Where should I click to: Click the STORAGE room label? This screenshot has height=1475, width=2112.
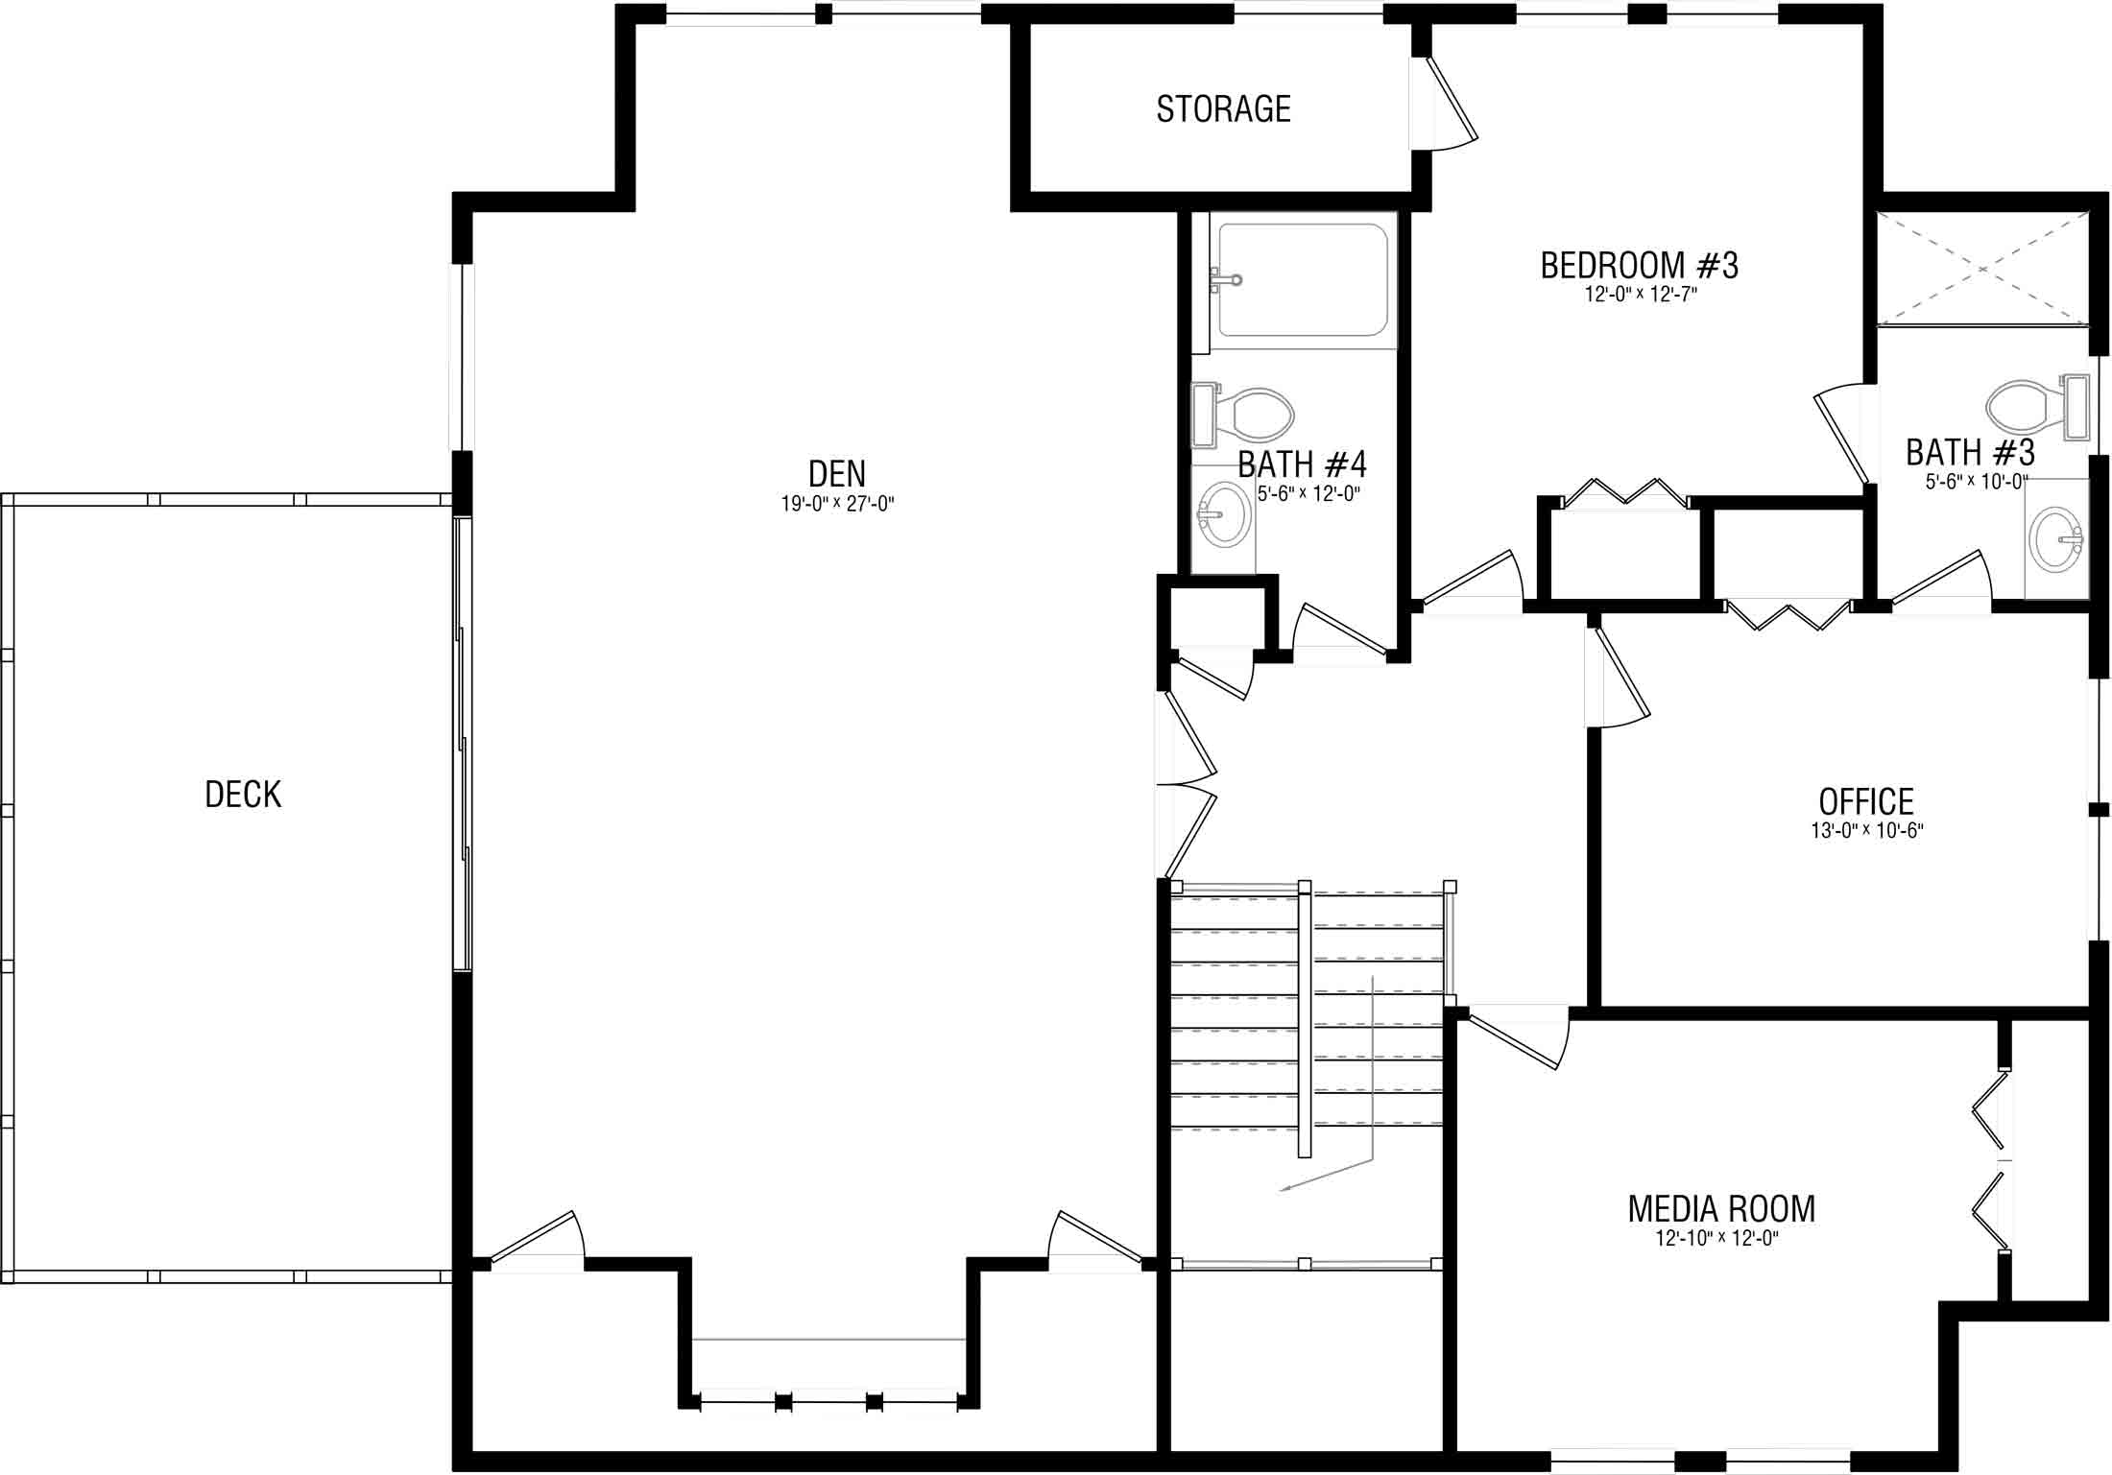click(1223, 109)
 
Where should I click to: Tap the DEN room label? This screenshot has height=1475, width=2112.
click(837, 473)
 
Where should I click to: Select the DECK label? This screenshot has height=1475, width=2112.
click(243, 795)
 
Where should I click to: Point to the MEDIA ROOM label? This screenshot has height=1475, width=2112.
click(1721, 1209)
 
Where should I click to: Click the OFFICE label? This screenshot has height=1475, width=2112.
click(1866, 801)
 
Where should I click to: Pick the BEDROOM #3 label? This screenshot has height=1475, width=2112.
click(1640, 265)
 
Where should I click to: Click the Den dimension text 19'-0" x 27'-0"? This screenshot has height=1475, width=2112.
click(837, 504)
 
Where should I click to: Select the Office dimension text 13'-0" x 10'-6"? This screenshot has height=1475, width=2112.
click(1867, 830)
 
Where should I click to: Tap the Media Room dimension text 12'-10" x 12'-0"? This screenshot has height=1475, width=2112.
click(1717, 1238)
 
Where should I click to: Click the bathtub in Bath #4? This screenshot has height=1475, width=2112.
click(1303, 280)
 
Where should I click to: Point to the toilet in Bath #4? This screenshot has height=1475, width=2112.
click(1242, 416)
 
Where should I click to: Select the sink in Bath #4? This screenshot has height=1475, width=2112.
click(1223, 518)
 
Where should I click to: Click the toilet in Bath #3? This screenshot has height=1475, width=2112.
click(2037, 406)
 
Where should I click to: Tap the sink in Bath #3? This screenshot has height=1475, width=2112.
click(2056, 539)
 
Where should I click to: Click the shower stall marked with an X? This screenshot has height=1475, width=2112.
click(1983, 269)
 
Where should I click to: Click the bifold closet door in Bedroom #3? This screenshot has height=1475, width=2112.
click(1625, 491)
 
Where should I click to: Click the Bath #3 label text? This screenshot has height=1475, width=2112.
click(1971, 452)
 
